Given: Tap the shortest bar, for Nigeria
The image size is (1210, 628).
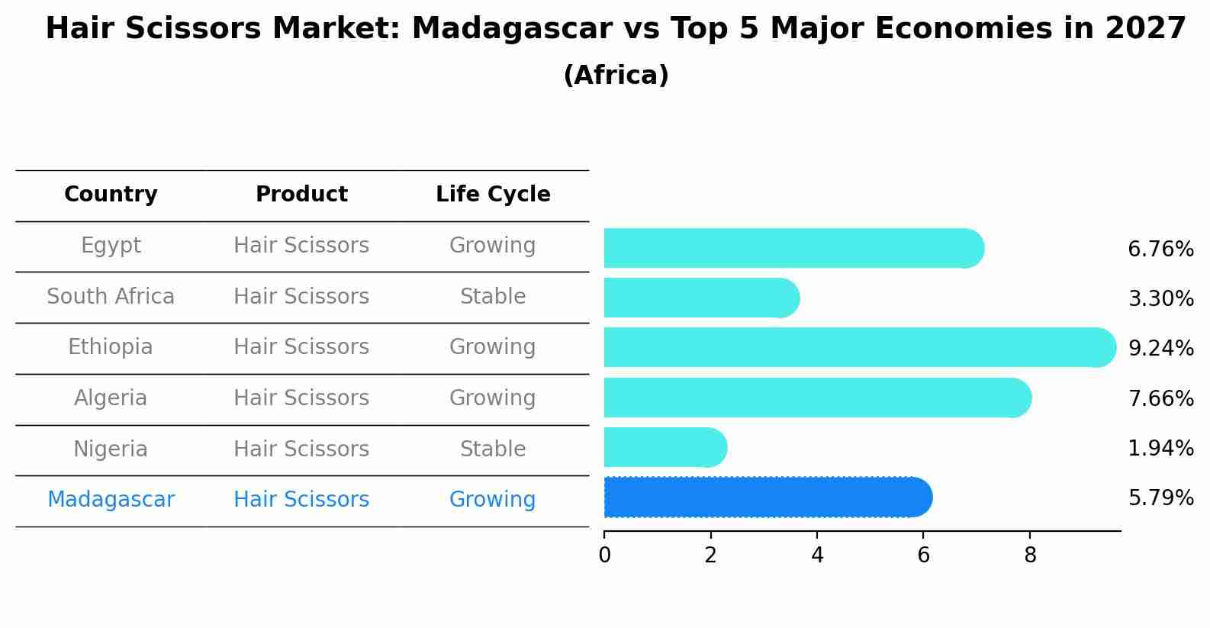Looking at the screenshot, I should [664, 448].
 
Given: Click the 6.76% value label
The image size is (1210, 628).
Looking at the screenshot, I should [1160, 250].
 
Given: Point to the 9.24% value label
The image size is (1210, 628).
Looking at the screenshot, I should [1160, 349].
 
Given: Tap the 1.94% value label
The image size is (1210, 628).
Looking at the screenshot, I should [1160, 449].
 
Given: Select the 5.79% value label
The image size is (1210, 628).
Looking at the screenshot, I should [1160, 498].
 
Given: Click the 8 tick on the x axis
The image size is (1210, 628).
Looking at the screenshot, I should [1030, 556].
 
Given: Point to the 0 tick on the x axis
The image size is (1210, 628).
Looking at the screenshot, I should [605, 556].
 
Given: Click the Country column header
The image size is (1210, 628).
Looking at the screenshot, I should [111, 195].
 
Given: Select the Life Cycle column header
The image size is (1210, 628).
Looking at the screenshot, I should [493, 195].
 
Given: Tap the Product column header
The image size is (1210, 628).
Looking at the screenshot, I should [301, 195].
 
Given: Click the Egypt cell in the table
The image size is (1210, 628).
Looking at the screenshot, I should [111, 246].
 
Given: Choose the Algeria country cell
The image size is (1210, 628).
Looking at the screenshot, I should [111, 398].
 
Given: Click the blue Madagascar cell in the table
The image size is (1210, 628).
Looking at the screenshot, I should [111, 500].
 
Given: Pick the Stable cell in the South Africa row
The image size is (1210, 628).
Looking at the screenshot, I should [493, 297].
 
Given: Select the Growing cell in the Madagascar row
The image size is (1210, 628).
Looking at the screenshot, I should [493, 500].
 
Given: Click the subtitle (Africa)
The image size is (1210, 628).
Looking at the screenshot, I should [616, 76].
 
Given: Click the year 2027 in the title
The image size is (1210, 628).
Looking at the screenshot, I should [1145, 29].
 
